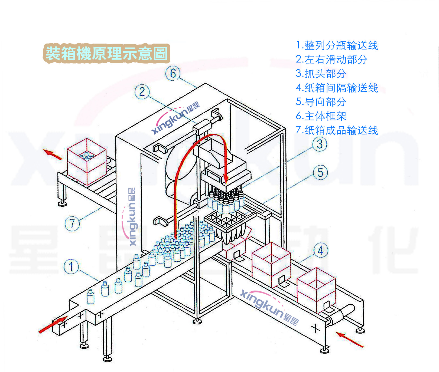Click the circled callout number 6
(173, 73)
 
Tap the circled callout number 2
(142, 92)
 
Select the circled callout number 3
(320, 144)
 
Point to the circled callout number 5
(320, 172)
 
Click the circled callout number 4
(320, 250)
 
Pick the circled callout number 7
(72, 223)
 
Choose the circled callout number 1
(71, 266)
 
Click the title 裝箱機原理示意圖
(106, 53)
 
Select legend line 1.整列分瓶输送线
(337, 45)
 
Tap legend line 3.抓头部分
(321, 74)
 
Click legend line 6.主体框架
(321, 116)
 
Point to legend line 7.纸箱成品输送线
(337, 130)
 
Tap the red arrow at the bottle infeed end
(53, 324)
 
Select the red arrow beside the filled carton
(53, 154)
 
